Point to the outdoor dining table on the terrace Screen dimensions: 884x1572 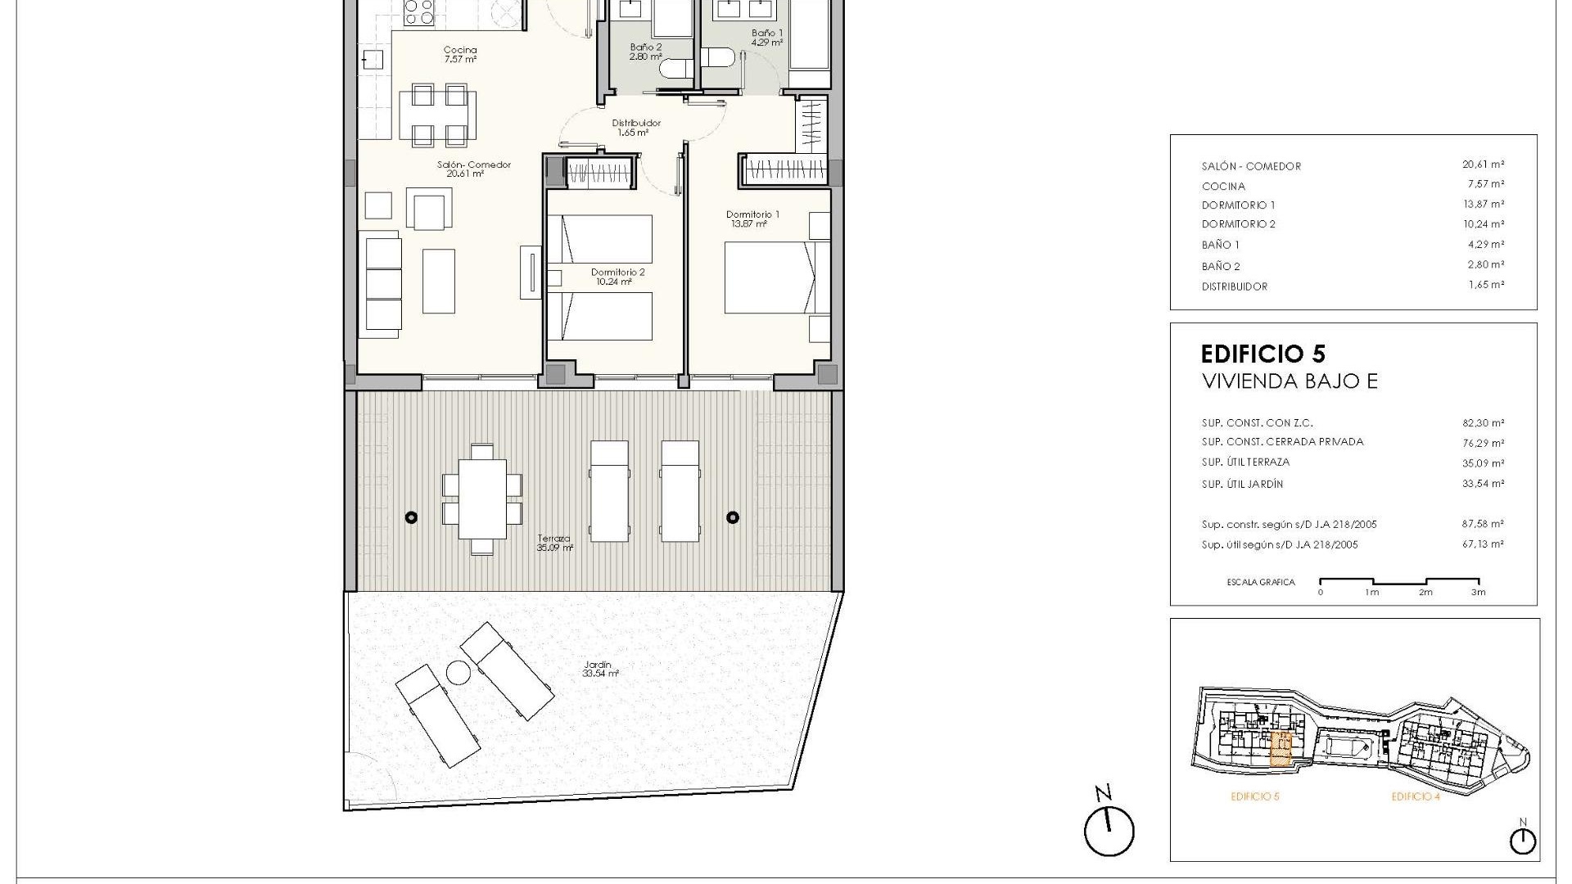482,499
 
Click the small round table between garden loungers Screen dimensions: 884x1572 458,673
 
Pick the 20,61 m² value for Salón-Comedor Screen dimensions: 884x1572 1483,165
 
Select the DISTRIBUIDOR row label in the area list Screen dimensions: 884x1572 1234,286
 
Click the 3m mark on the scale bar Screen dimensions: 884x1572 1478,592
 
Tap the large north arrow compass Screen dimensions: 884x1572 1109,831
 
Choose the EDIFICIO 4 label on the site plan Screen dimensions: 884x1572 1415,796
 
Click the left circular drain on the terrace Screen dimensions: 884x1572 412,517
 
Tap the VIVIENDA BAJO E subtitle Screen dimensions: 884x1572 1289,381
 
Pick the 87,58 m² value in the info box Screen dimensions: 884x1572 1483,524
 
